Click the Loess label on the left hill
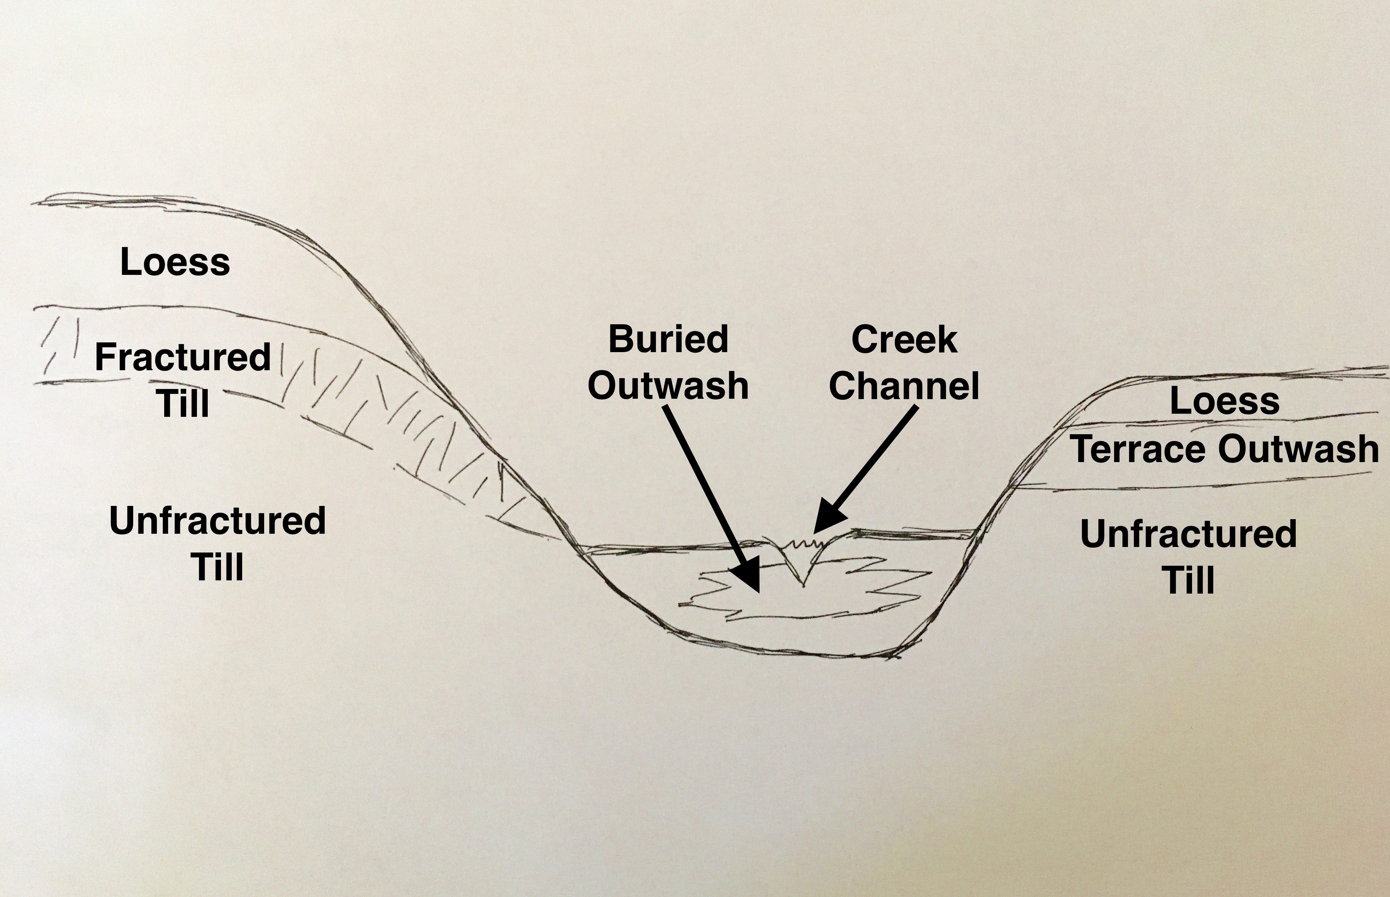click(175, 262)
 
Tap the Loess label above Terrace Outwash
click(1224, 401)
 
